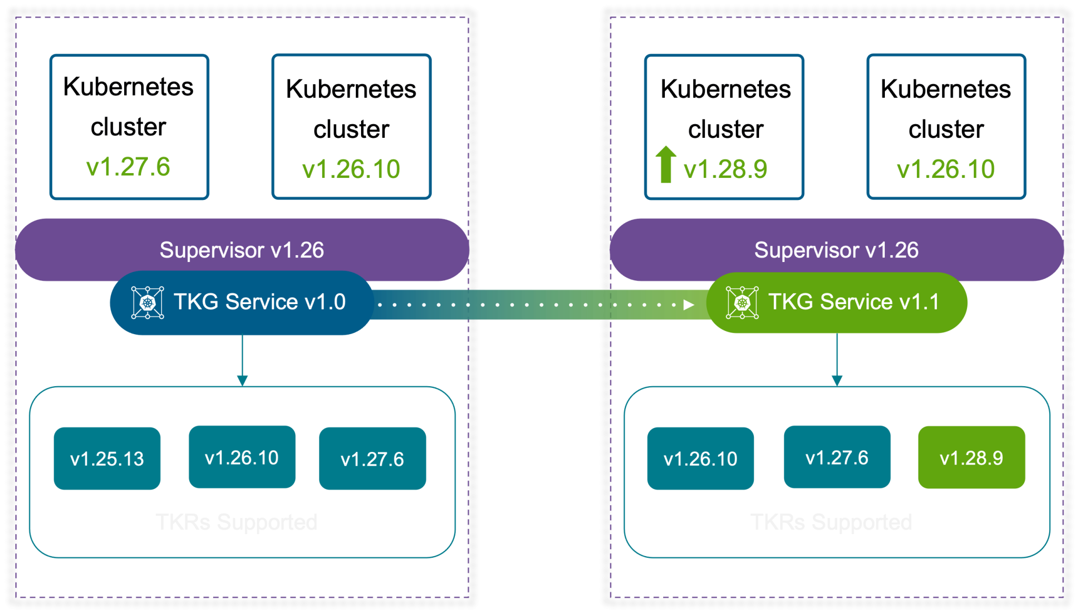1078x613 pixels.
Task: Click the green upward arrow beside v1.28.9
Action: pos(666,164)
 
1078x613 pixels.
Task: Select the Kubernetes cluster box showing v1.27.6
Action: pos(129,127)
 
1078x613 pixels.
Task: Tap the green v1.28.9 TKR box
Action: pos(972,458)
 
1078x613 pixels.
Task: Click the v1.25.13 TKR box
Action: pos(107,458)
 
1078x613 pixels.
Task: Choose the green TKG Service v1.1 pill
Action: pos(837,303)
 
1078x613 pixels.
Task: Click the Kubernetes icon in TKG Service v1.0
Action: pos(147,303)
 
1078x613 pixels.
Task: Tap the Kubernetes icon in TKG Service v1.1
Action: pos(742,303)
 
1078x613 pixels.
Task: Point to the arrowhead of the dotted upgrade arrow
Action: pos(688,305)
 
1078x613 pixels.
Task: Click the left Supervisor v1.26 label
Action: pos(242,250)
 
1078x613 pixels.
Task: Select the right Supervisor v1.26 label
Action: pos(836,250)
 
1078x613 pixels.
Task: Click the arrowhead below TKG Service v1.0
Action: pos(242,380)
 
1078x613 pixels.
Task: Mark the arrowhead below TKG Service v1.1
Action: pos(837,380)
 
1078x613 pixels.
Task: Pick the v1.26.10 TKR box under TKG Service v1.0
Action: pos(242,457)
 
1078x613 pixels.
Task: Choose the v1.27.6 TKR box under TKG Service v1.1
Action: pos(837,457)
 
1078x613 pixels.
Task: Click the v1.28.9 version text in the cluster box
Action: pos(725,169)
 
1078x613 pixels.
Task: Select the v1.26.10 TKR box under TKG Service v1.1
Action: pos(701,458)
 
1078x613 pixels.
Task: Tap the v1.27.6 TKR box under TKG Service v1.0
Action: pos(373,458)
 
